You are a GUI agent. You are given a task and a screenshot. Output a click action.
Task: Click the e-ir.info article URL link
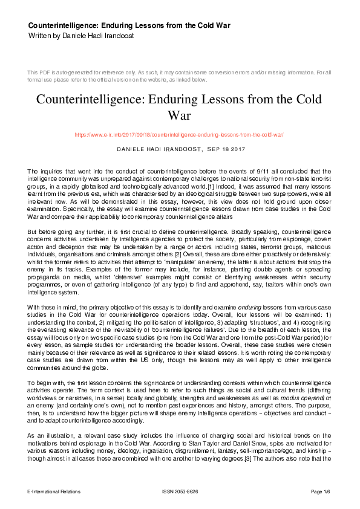point(179,135)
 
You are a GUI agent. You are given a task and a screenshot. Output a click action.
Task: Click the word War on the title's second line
point(180,115)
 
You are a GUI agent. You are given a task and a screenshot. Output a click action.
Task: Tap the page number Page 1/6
point(321,492)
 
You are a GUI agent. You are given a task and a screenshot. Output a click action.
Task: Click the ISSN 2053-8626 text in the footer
point(179,492)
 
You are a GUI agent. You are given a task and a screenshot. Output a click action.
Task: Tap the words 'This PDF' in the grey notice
point(38,73)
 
